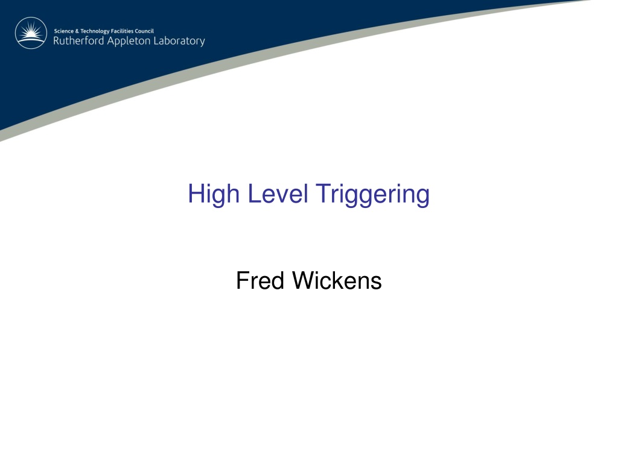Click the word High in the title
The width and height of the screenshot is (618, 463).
[x=214, y=195]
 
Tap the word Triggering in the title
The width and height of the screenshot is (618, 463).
[x=373, y=195]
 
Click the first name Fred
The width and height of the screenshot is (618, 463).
[x=260, y=280]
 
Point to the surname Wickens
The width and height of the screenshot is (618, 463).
[x=337, y=280]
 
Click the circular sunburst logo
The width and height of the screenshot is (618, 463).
[x=31, y=33]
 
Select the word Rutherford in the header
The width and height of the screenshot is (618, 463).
[x=78, y=40]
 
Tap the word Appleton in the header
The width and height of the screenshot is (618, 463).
[x=129, y=42]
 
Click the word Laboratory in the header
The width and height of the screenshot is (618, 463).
[x=179, y=42]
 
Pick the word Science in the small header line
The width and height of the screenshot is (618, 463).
[x=64, y=31]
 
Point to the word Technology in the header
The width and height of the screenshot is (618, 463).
[x=95, y=31]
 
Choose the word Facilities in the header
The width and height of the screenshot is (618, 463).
[x=122, y=31]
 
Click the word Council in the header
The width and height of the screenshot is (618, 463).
[x=144, y=31]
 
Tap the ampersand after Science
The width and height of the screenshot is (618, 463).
[x=77, y=31]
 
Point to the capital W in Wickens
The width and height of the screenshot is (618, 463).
[x=305, y=280]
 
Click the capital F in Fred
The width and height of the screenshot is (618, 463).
[x=243, y=280]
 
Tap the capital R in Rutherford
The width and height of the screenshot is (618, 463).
[x=57, y=40]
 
